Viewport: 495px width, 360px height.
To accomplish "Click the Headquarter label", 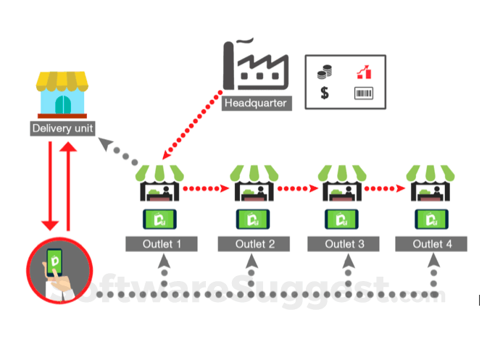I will coord(256,102).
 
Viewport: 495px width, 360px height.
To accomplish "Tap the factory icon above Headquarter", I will coord(255,66).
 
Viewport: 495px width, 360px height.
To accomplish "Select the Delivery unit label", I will coord(62,129).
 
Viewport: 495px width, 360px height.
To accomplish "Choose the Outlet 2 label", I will coord(254,243).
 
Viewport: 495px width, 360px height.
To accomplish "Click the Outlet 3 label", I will coord(344,243).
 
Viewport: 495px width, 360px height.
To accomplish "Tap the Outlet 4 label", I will coord(432,243).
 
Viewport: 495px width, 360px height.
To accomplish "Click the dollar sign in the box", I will coord(324,93).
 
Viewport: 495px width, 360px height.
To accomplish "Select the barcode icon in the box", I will coord(364,93).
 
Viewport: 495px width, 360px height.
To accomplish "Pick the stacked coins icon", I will coord(325,72).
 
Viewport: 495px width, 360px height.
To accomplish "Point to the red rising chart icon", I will coord(364,72).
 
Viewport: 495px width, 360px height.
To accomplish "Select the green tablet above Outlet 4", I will coord(432,217).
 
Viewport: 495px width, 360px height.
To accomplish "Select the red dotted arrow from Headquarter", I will coord(193,124).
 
